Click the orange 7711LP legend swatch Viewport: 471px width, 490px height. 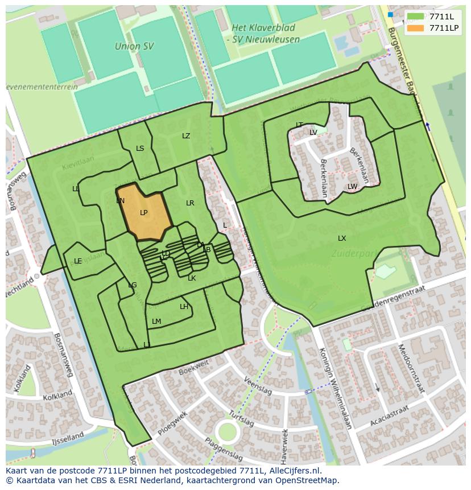[416, 28]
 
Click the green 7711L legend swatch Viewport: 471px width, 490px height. [416, 17]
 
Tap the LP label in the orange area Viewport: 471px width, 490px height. [144, 213]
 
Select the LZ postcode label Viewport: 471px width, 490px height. [186, 136]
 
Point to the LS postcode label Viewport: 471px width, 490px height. [140, 149]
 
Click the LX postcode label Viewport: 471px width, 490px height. [342, 238]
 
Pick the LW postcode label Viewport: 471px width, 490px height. [352, 187]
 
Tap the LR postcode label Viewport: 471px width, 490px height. [190, 203]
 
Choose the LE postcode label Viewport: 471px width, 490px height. [78, 262]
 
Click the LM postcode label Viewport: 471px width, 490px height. [156, 322]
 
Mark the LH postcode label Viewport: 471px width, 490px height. [184, 307]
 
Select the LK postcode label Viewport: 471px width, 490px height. [192, 278]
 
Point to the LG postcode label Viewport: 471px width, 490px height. [133, 285]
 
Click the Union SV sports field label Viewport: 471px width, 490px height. [128, 46]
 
